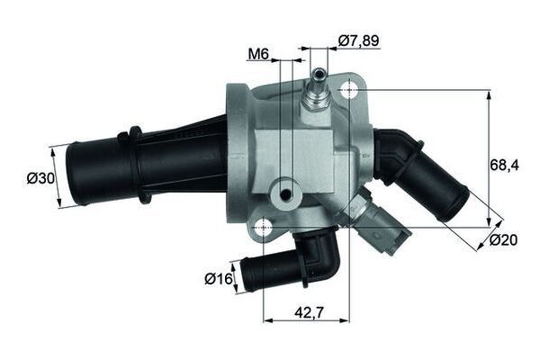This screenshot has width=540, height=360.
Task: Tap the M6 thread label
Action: click(259, 55)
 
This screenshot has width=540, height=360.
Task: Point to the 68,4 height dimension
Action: click(506, 165)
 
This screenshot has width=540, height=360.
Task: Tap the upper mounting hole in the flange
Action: click(349, 88)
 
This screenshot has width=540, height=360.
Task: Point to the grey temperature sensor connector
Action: click(373, 226)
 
